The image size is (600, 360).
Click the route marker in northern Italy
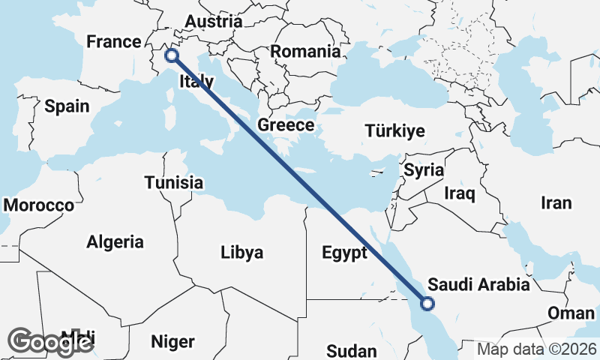[x=172, y=55]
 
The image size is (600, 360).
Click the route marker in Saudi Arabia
[x=427, y=304]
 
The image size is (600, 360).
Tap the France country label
[x=114, y=41]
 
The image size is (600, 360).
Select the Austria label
[x=213, y=21]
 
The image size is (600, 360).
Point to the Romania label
[x=305, y=52]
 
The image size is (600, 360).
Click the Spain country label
[x=67, y=106]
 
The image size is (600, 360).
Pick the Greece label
[x=286, y=124]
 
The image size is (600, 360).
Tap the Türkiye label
[x=394, y=130]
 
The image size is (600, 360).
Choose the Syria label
[x=424, y=170]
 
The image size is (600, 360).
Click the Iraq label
[x=460, y=194]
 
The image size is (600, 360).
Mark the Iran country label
[x=556, y=202]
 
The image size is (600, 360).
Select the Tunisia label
[x=174, y=182]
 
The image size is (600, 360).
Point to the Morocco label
[x=39, y=205]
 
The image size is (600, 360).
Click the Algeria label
[x=115, y=241]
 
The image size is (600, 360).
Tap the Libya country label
[x=242, y=253]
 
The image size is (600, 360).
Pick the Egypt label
[x=344, y=252]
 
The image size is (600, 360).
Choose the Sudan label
[x=352, y=351]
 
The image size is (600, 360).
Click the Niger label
[x=173, y=342]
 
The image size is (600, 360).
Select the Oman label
[x=571, y=313]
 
